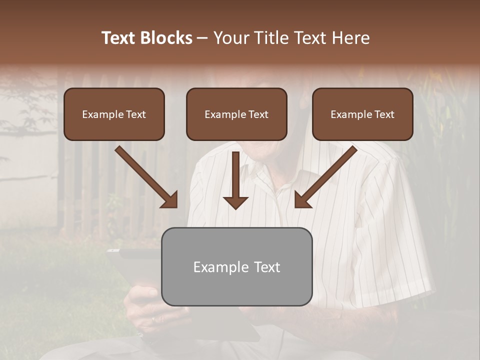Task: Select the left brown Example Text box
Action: pos(114,114)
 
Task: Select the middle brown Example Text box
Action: pos(236,114)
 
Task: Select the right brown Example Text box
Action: pos(362,114)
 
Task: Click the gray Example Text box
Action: pos(236,266)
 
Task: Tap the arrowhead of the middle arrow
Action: pos(235,202)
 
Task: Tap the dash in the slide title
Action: pos(202,38)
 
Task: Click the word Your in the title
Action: pos(231,38)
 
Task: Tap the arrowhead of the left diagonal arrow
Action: pos(170,200)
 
